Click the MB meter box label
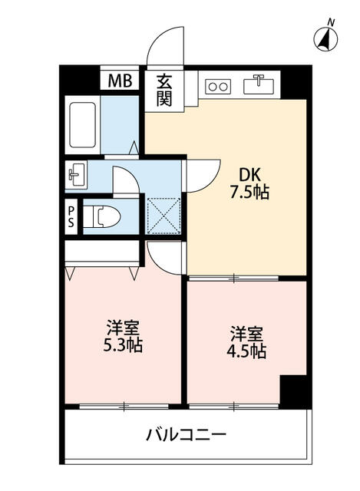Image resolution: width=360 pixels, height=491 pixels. pos(120,81)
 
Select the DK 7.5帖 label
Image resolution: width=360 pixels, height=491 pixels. pos(249,183)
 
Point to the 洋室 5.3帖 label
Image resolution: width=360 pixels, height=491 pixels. pos(123,336)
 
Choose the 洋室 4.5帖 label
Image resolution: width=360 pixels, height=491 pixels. pos(246,342)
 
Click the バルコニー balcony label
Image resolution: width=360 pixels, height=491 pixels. pos(186,435)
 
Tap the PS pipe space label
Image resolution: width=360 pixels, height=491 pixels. pos(71,217)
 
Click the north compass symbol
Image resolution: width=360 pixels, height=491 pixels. pos(326,38)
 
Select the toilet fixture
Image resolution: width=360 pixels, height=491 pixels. pos(102,216)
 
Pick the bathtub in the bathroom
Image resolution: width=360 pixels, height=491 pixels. pos(82,125)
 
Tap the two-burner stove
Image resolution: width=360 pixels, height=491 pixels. pos(218,87)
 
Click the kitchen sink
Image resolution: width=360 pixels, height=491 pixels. pos(259,85)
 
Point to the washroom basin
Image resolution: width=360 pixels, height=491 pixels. pos(76,175)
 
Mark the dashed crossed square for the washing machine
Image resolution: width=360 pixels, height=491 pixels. pos(164,216)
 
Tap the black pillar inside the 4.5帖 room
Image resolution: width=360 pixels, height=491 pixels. pos(293,391)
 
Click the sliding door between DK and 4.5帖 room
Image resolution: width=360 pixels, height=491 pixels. pos(234,278)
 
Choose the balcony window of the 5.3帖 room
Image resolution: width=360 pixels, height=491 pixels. pos(124,407)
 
